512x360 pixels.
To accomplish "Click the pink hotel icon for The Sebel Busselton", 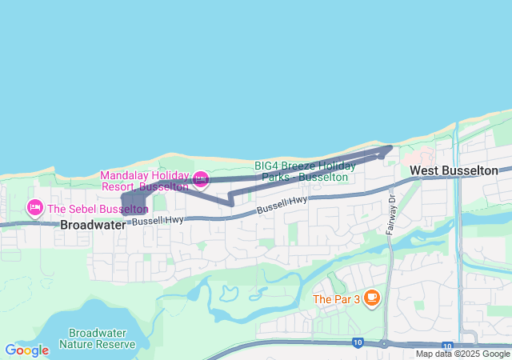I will pyautogui.click(x=35, y=209).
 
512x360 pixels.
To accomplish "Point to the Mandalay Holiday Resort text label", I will pyautogui.click(x=144, y=181).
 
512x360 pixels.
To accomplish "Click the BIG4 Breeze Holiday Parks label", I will pyautogui.click(x=301, y=170).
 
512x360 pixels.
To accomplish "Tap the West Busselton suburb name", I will pyautogui.click(x=453, y=170).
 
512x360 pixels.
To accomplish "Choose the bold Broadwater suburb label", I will pyautogui.click(x=93, y=226).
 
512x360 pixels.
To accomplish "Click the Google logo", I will pyautogui.click(x=26, y=350).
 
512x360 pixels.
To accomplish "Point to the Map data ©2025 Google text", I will pyautogui.click(x=462, y=354).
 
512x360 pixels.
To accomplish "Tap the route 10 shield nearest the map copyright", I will pyautogui.click(x=446, y=345).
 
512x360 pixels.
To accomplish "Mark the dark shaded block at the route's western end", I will pyautogui.click(x=133, y=200).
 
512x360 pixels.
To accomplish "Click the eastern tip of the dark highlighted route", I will pyautogui.click(x=390, y=147).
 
